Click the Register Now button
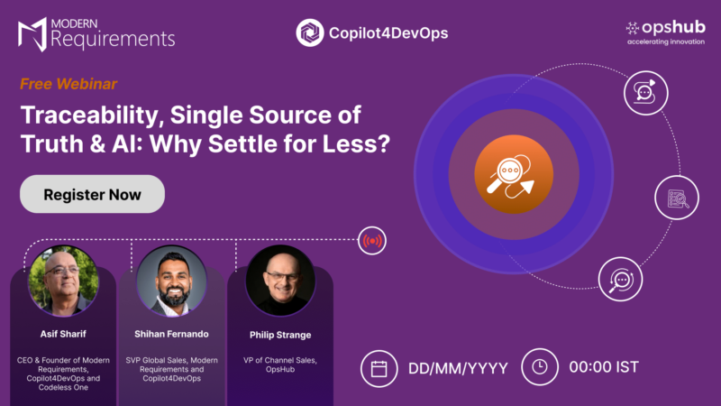point(92,194)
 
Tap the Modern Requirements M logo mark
point(32,34)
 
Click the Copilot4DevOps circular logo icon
point(309,32)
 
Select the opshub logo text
point(673,28)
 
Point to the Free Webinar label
point(68,84)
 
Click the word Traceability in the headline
point(92,116)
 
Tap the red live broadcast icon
point(372,240)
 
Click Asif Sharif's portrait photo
point(63,281)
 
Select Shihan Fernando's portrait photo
point(171,281)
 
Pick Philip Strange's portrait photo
point(280,281)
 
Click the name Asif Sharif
point(63,334)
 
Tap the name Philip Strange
point(280,335)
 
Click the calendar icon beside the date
point(379,369)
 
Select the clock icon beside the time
point(540,367)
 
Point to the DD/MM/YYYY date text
point(458,368)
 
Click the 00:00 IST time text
point(604,367)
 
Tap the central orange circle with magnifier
point(514,174)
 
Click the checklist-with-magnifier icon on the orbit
point(677,198)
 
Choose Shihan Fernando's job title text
point(171,369)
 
